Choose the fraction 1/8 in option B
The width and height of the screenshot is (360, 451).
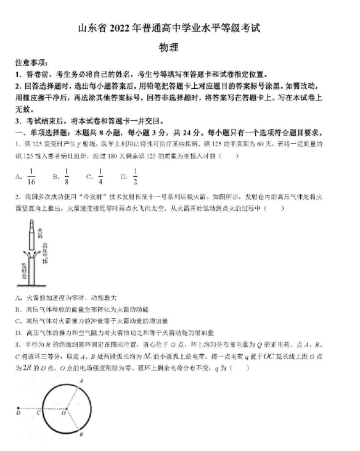point(66,176)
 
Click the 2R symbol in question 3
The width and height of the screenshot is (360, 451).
point(22,368)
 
